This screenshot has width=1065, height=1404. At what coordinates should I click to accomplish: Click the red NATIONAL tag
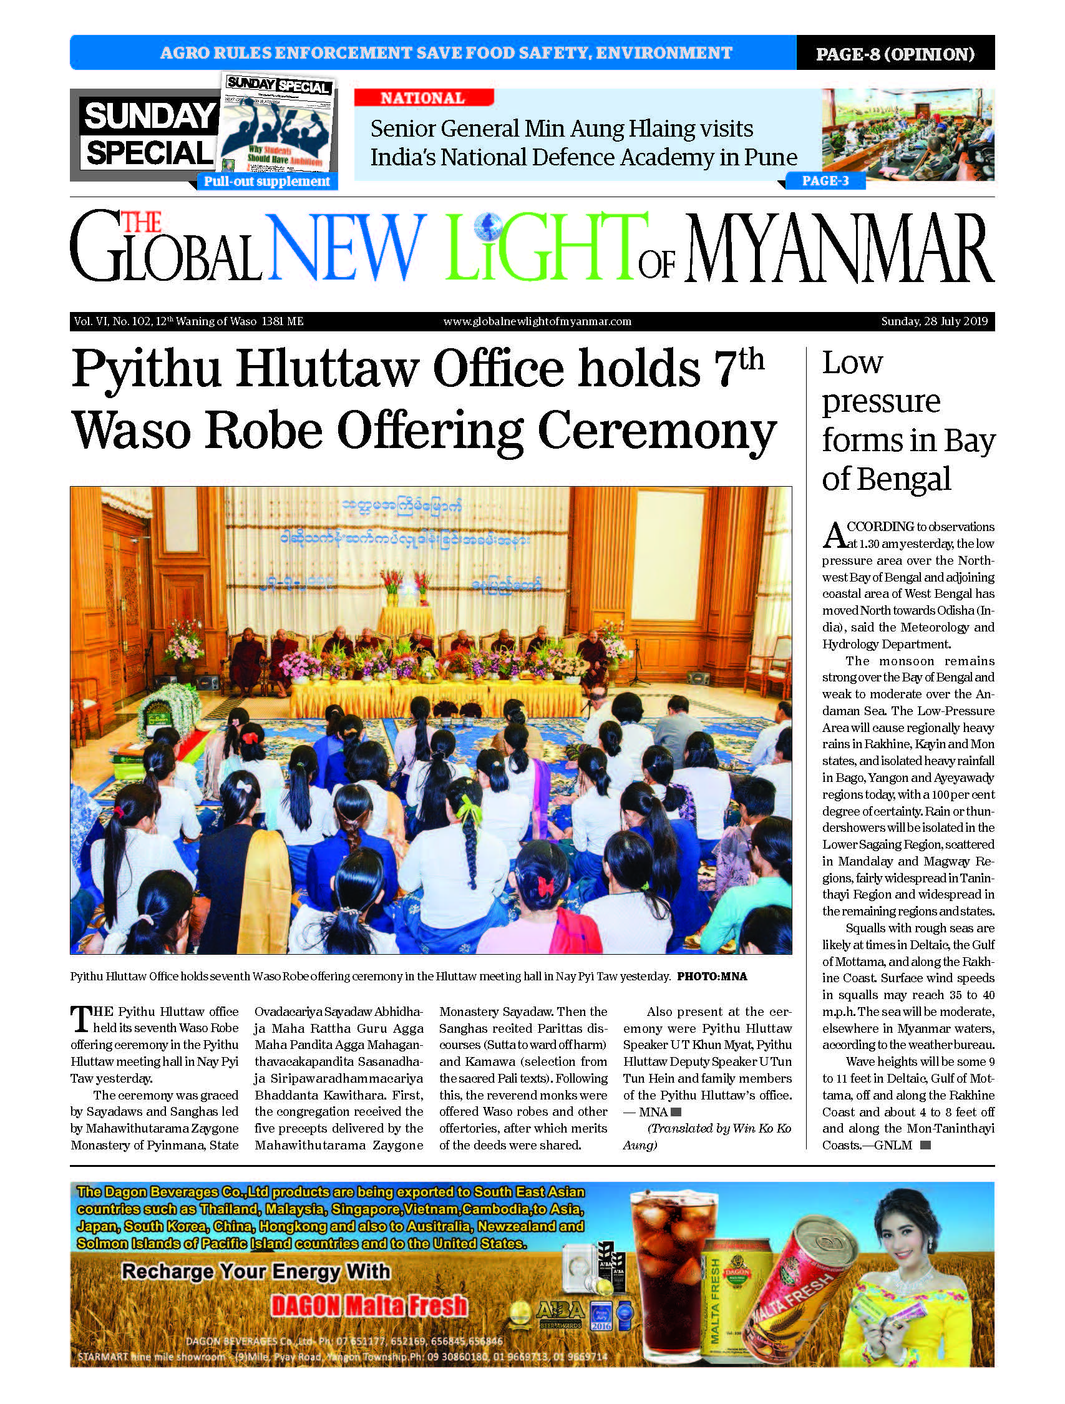click(x=423, y=98)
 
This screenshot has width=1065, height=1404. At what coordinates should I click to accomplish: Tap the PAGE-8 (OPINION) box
click(x=895, y=53)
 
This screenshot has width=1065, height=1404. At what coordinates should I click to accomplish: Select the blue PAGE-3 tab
click(x=825, y=181)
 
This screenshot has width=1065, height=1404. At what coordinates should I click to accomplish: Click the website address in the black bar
click(x=537, y=321)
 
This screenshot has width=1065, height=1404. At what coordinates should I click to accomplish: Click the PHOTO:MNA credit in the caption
click(x=711, y=977)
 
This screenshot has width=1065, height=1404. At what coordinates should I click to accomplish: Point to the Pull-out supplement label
click(x=266, y=182)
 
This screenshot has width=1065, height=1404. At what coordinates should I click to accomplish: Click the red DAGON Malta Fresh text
click(x=369, y=1305)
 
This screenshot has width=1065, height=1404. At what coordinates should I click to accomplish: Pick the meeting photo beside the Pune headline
click(x=908, y=135)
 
